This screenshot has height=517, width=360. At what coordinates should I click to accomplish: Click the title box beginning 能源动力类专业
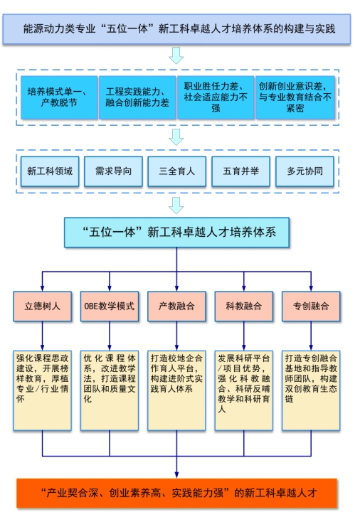point(176,29)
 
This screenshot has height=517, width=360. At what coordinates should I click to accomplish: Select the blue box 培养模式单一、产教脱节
point(59,97)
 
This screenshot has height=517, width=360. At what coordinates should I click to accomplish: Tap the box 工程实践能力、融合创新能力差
point(137,97)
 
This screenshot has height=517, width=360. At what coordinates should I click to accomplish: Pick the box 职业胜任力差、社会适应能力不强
point(216,97)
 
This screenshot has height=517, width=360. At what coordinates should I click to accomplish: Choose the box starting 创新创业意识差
point(295,97)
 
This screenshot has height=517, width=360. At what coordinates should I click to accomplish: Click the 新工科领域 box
point(50,171)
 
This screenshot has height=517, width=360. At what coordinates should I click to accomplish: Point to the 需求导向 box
point(114,171)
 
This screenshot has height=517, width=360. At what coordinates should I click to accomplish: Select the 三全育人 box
point(177,171)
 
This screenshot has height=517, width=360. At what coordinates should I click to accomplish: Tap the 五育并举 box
point(241,171)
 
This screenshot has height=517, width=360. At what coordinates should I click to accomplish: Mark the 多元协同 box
point(305,171)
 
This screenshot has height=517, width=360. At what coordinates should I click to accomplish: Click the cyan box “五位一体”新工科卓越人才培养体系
point(176,233)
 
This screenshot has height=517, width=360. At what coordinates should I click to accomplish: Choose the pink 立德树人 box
point(42,307)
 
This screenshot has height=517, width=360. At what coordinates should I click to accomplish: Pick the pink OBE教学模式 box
point(110,307)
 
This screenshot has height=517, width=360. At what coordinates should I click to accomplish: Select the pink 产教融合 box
point(176,307)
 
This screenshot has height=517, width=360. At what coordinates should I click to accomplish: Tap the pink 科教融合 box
point(244,307)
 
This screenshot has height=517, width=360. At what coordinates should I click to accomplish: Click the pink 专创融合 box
point(311,307)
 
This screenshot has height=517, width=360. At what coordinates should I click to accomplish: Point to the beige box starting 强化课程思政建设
point(42,390)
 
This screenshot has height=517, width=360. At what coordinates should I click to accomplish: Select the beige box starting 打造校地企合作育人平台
point(176,390)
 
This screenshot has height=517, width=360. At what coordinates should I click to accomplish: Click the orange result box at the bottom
point(176,494)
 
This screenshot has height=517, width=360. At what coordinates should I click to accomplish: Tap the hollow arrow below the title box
point(176,55)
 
